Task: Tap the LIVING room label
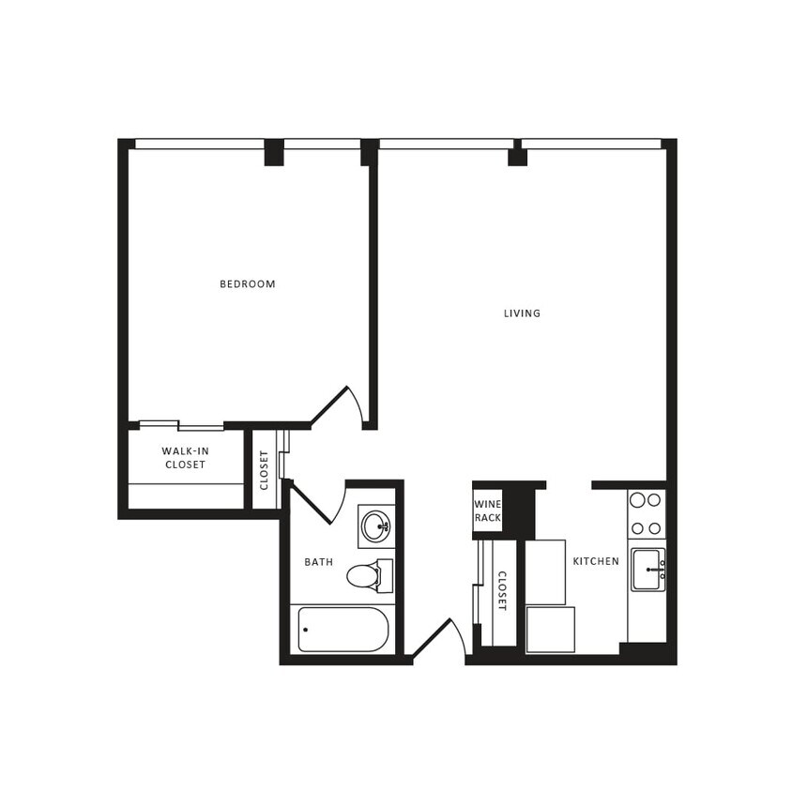tap(522, 313)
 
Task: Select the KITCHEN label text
tap(596, 561)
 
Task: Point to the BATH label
tap(318, 562)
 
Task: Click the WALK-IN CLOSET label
tap(160, 458)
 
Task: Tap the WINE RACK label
tap(487, 510)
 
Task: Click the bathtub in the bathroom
tap(343, 629)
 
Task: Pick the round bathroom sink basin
tap(376, 525)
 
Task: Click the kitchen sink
tap(647, 569)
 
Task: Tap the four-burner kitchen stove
tap(646, 513)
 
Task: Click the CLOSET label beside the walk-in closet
tap(265, 470)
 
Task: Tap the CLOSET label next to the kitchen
tap(501, 591)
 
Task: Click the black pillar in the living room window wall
tap(517, 156)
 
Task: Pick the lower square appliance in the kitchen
tap(550, 629)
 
